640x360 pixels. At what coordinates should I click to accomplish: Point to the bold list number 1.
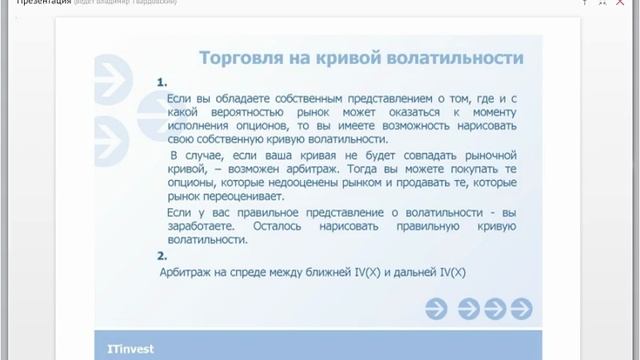coord(162,83)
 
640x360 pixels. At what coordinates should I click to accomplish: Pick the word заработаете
coord(198,227)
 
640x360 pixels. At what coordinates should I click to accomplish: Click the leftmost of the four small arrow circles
coord(436,309)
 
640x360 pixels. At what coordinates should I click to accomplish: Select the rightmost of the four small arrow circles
coord(521,309)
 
